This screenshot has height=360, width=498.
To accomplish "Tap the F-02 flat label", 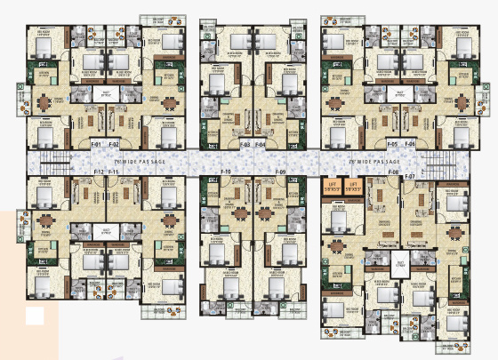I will [x=114, y=143].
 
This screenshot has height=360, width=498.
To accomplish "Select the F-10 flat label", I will [x=226, y=171].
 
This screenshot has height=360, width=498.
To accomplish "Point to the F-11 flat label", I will [x=114, y=170].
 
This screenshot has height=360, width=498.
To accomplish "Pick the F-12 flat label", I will [x=99, y=170].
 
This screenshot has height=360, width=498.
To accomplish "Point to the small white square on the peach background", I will [x=34, y=314].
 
